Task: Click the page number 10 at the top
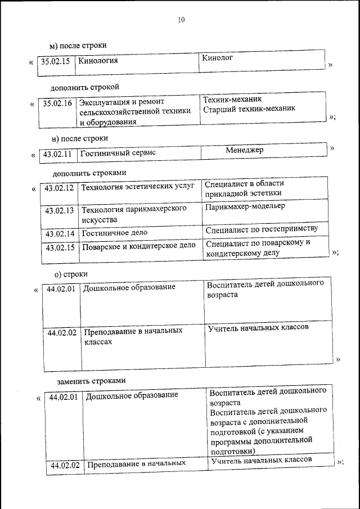click(181, 20)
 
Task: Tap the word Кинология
click(98, 61)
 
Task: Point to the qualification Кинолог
click(217, 57)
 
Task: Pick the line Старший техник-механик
click(249, 109)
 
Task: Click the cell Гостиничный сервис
click(118, 152)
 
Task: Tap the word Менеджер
click(245, 150)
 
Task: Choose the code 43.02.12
click(59, 188)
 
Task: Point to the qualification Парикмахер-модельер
click(245, 206)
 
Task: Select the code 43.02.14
click(60, 233)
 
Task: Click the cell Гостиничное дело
click(115, 232)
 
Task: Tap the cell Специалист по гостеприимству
click(262, 228)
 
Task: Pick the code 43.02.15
click(60, 247)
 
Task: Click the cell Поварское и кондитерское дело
click(139, 246)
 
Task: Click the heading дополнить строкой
click(84, 87)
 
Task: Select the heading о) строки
click(71, 274)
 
